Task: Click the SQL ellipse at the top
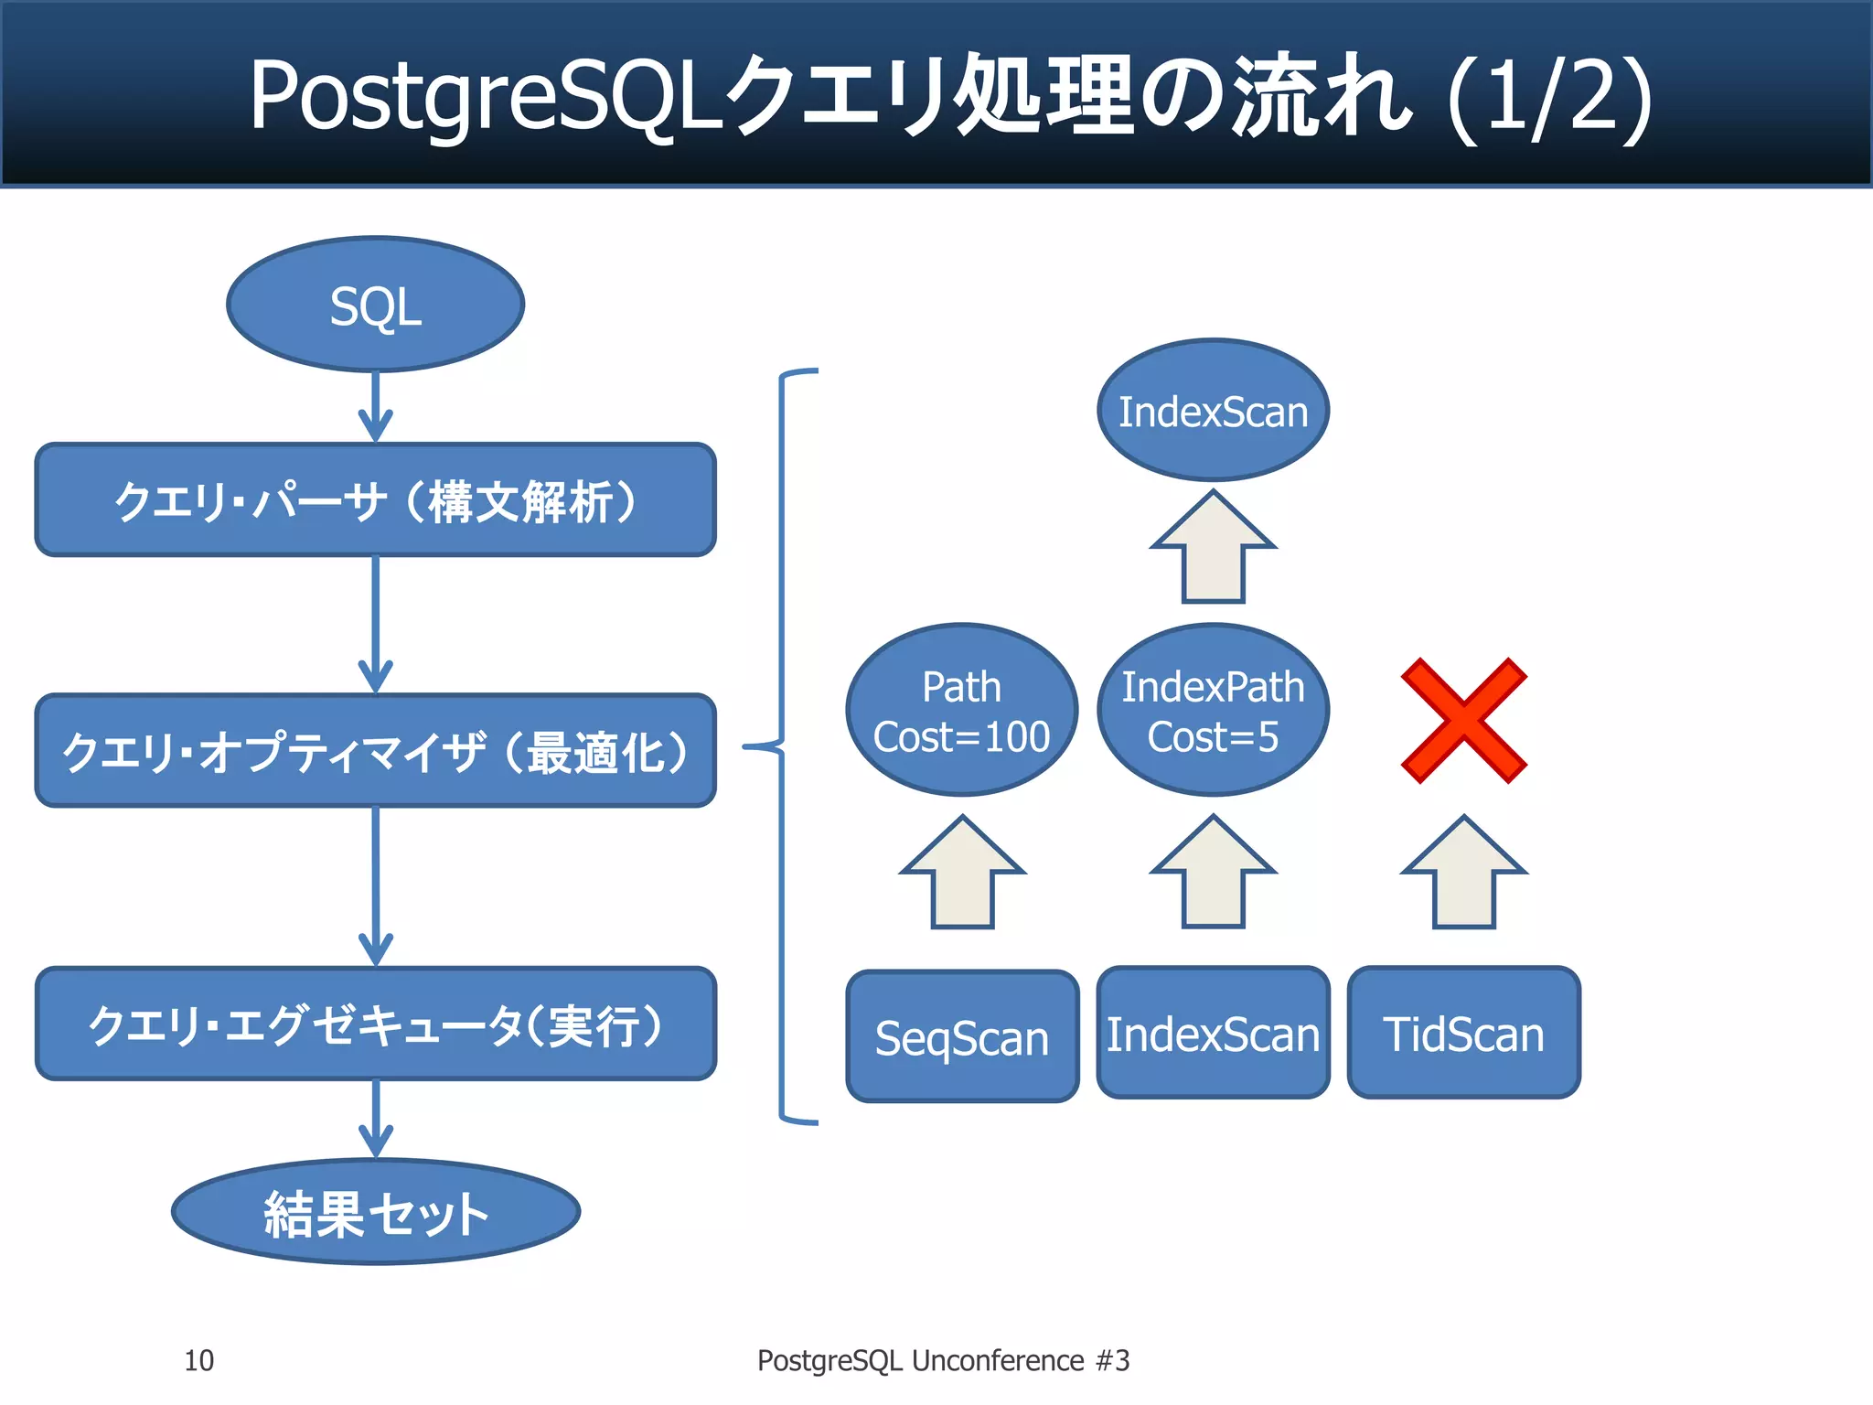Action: (375, 305)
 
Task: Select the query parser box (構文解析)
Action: (375, 500)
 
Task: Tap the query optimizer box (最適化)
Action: (375, 751)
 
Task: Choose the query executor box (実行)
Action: (375, 1024)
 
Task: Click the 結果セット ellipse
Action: (375, 1213)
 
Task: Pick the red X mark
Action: (1463, 721)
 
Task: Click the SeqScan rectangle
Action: (962, 1036)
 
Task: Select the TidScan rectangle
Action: (1463, 1033)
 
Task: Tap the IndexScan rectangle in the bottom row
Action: (1213, 1033)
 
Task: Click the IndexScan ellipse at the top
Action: (1213, 411)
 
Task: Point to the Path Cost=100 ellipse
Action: (962, 711)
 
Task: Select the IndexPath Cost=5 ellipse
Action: (1213, 711)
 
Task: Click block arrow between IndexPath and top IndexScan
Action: (1213, 550)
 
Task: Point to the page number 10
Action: (198, 1360)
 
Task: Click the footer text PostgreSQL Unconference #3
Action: (943, 1360)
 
